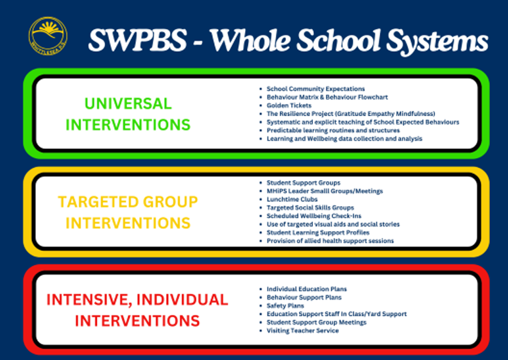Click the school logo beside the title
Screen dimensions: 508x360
tap(48, 36)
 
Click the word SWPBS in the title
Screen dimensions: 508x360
tap(138, 40)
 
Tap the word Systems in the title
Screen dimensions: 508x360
tap(437, 42)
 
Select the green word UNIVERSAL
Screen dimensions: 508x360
tap(128, 104)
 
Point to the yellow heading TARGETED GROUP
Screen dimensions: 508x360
tap(128, 202)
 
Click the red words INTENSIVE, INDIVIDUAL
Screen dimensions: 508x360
tap(137, 300)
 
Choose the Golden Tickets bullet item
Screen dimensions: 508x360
tap(289, 105)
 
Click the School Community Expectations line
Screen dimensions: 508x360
tap(316, 89)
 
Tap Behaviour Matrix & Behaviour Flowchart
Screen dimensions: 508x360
tap(327, 97)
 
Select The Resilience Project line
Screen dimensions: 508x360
tap(351, 114)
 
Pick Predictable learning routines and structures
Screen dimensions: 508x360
tap(333, 130)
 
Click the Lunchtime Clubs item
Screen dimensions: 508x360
tap(292, 200)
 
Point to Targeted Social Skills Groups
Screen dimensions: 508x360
tap(310, 208)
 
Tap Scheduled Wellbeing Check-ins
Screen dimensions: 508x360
tap(314, 216)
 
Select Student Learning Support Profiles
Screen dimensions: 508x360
tap(318, 233)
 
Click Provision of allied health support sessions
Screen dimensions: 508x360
tap(330, 241)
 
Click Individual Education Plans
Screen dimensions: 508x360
tap(307, 289)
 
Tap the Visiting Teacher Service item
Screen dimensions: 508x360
tap(303, 330)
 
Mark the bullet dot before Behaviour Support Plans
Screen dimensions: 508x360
tap(261, 298)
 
